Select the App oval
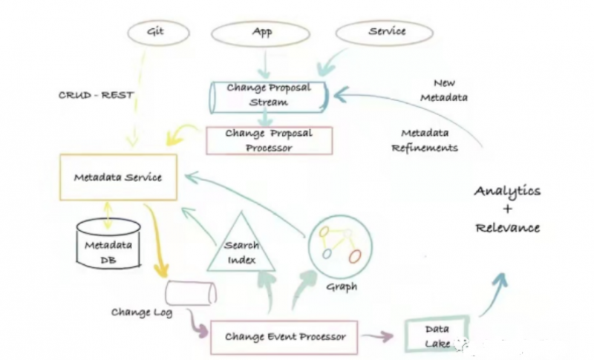[260, 33]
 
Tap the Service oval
[386, 32]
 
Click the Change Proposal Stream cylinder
[269, 96]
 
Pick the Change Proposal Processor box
[269, 140]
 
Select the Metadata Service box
[118, 177]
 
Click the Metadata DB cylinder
[109, 244]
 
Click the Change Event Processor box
[285, 336]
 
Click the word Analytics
[508, 192]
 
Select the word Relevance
[508, 227]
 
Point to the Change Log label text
[142, 312]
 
